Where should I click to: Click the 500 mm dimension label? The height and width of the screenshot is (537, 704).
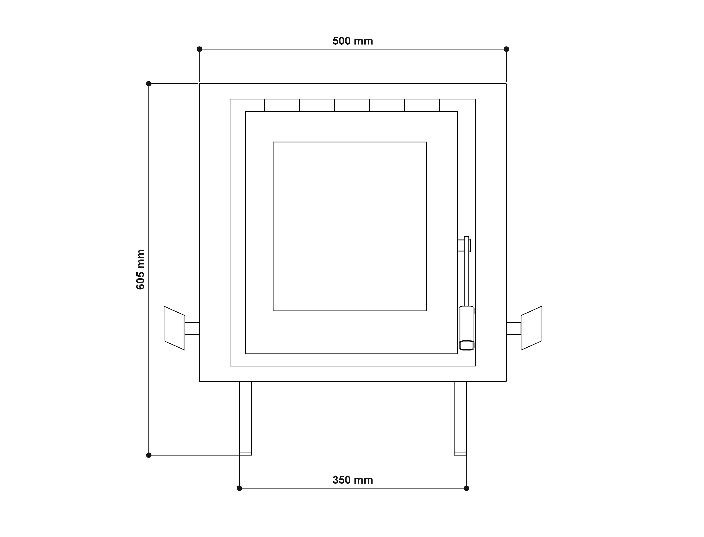[353, 41]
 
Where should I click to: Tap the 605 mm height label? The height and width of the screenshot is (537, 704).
[141, 270]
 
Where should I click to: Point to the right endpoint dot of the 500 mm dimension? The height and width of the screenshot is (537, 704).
[506, 49]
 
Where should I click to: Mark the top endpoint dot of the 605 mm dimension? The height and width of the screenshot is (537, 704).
[149, 84]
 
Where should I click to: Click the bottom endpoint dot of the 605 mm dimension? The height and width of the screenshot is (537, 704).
[149, 455]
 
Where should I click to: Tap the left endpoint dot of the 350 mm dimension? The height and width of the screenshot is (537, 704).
[239, 488]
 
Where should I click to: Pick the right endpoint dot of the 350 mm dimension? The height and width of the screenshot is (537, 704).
[466, 488]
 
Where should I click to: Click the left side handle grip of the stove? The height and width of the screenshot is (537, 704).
[174, 328]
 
